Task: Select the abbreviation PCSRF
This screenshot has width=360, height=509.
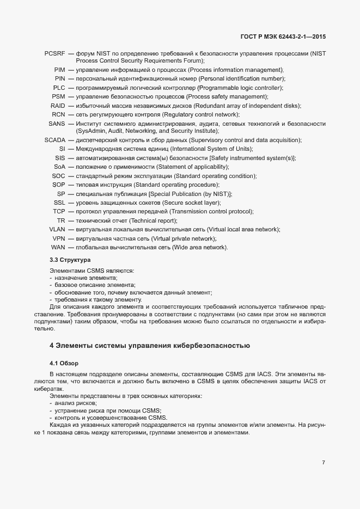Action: pyautogui.click(x=55, y=53)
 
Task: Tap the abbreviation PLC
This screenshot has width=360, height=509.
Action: pyautogui.click(x=59, y=88)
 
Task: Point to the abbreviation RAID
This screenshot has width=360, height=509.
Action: pyautogui.click(x=58, y=105)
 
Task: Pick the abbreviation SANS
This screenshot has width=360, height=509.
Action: pyautogui.click(x=57, y=124)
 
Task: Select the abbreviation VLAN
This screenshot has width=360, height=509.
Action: pyautogui.click(x=57, y=229)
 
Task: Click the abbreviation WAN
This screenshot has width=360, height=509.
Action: pyautogui.click(x=58, y=247)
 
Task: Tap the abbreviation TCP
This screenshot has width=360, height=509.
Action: pyautogui.click(x=59, y=211)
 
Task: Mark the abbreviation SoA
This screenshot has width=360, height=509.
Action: pyautogui.click(x=59, y=167)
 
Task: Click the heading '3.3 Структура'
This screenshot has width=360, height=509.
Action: pyautogui.click(x=70, y=260)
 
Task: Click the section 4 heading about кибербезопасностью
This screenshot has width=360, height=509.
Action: pyautogui.click(x=149, y=345)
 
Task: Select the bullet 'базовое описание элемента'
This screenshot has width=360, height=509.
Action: pyautogui.click(x=94, y=285)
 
